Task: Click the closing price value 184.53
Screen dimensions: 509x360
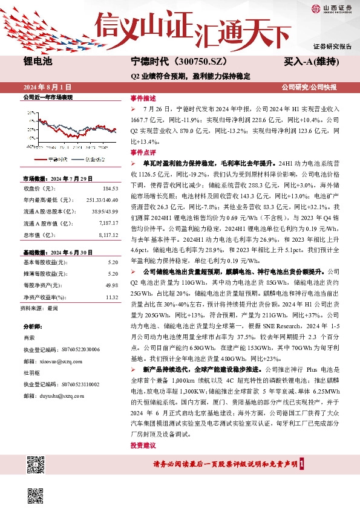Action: point(110,189)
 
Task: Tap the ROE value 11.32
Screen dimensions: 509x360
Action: point(111,297)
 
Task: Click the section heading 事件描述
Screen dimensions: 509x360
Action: point(143,98)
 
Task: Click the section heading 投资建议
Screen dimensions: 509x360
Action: point(143,445)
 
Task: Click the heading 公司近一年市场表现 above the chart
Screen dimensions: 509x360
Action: point(47,97)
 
